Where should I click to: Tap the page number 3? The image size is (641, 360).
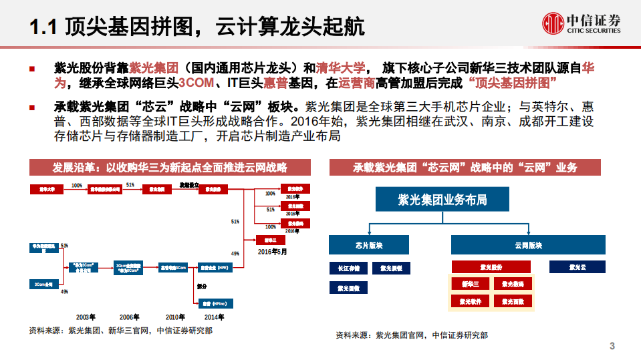click(612, 346)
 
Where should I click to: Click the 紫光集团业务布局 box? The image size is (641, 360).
click(442, 200)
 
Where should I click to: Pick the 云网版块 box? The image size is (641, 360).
click(528, 244)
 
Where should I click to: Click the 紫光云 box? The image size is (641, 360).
click(578, 266)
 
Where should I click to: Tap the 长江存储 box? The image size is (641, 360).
click(348, 268)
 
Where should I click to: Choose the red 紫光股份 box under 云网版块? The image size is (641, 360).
click(491, 267)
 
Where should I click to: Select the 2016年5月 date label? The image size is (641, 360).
click(273, 252)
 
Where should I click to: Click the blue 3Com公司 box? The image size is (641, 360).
click(43, 283)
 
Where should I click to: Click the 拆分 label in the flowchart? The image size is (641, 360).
click(202, 285)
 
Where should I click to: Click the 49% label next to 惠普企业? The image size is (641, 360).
click(235, 254)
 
